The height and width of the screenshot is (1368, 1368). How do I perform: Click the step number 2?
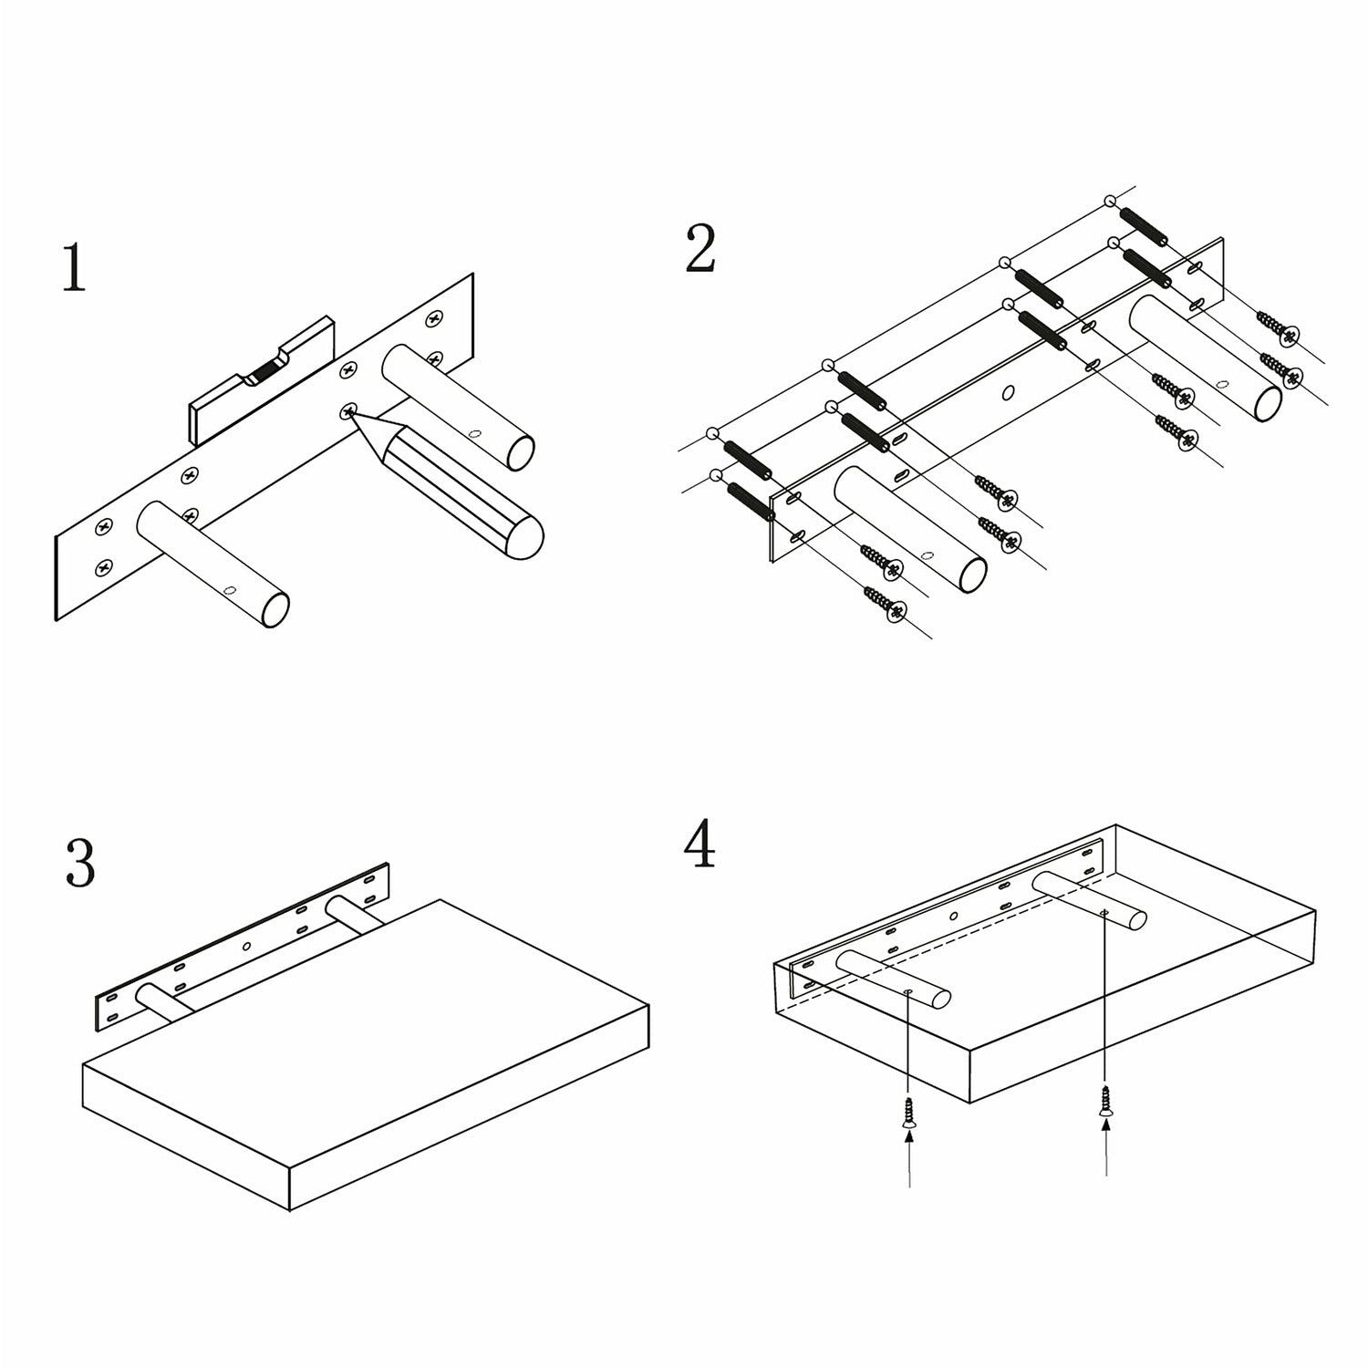point(700,248)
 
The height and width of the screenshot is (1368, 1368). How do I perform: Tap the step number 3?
point(80,864)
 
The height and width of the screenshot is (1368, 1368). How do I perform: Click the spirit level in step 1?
point(262,380)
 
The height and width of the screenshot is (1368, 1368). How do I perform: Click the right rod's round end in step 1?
point(520,453)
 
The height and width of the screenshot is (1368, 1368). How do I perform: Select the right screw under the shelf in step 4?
point(1106,1101)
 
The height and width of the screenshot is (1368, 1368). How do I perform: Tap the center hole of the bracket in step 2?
point(1008,393)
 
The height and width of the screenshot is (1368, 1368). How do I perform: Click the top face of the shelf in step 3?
point(366,984)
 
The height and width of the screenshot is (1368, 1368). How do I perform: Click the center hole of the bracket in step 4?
point(954,917)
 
